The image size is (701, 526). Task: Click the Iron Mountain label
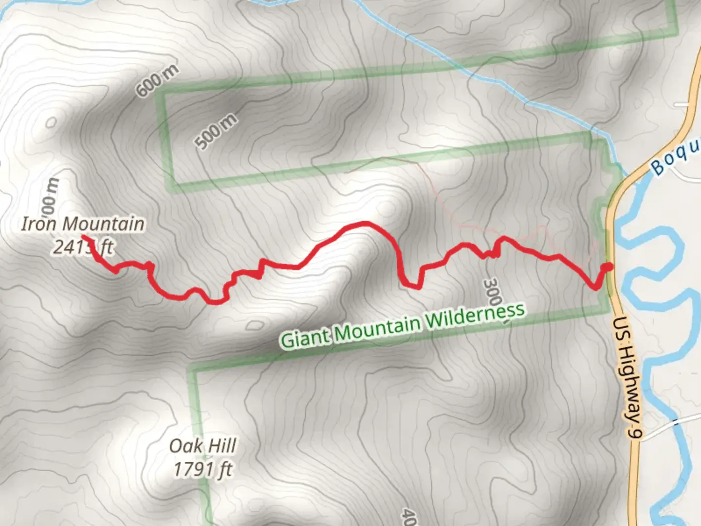pos(83,224)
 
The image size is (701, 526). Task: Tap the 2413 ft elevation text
pos(83,247)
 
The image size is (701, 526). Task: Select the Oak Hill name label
pos(203,446)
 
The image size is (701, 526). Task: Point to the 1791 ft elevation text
pos(203,470)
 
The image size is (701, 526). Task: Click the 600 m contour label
pos(157,80)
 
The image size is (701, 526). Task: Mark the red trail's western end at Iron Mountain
pos(84,237)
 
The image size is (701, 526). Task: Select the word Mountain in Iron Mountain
pos(103,224)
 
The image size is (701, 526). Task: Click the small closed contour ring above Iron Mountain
pos(51,122)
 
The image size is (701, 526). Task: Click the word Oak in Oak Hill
pos(184,446)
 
